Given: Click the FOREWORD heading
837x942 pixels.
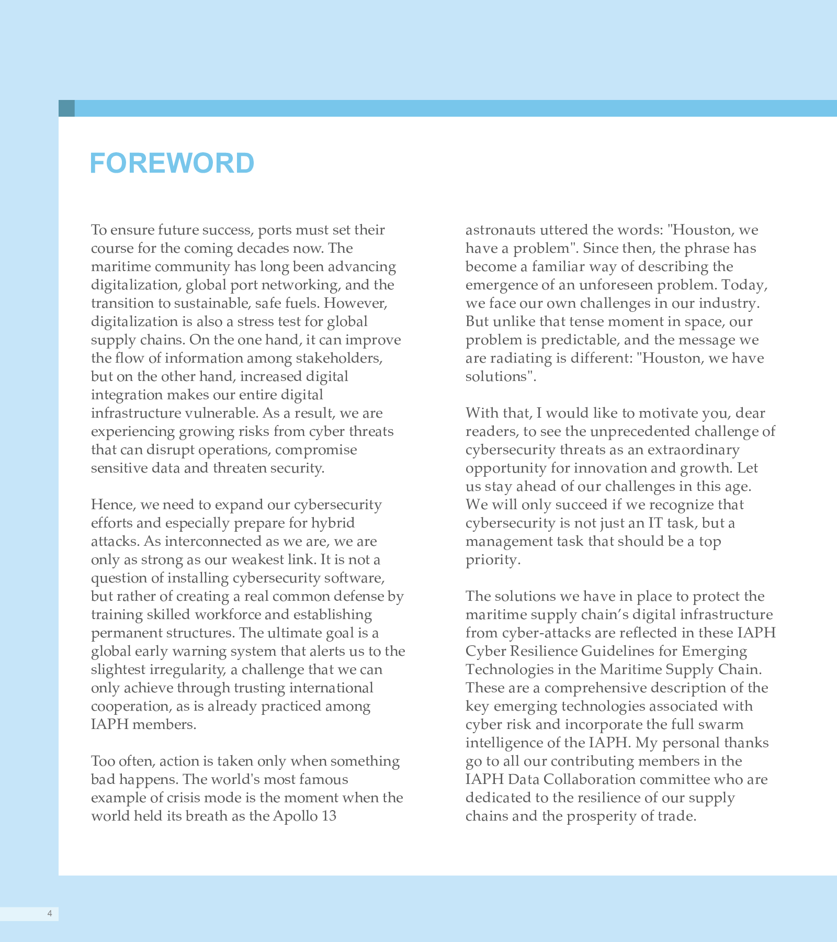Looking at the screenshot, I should pyautogui.click(x=172, y=163).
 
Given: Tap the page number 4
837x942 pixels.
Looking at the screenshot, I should pyautogui.click(x=50, y=914).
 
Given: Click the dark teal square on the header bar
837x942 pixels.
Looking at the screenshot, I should pyautogui.click(x=66, y=108).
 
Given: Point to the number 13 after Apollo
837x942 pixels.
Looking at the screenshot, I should pyautogui.click(x=329, y=816).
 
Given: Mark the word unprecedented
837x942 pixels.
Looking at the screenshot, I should pyautogui.click(x=640, y=431).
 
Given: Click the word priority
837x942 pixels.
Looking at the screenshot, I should pyautogui.click(x=492, y=560).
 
